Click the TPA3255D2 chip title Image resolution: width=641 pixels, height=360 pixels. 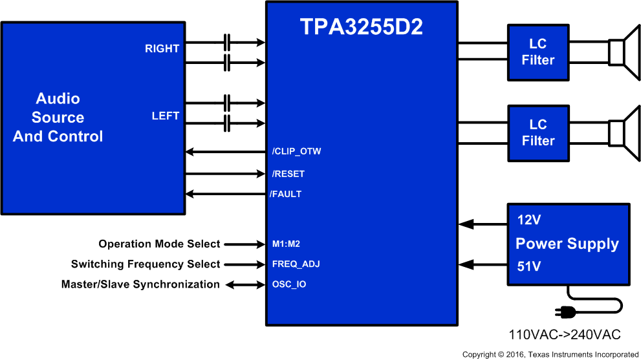361,26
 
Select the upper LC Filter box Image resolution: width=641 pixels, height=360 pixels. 538,52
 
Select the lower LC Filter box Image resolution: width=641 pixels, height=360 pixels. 538,133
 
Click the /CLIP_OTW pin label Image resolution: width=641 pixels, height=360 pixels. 296,152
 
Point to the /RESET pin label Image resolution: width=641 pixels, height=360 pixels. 288,174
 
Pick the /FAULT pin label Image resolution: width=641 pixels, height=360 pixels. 286,194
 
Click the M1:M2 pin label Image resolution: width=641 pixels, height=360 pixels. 286,244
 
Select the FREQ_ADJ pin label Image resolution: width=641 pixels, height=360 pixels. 296,264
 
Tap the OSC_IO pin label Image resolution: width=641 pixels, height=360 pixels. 289,284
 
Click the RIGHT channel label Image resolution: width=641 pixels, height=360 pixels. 162,48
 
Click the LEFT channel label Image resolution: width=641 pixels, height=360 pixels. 165,116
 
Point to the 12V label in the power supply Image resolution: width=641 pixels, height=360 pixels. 528,220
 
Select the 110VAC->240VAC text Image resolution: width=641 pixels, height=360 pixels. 565,335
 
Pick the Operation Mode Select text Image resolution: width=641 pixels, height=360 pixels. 159,244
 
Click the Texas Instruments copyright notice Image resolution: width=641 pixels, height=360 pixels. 550,354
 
